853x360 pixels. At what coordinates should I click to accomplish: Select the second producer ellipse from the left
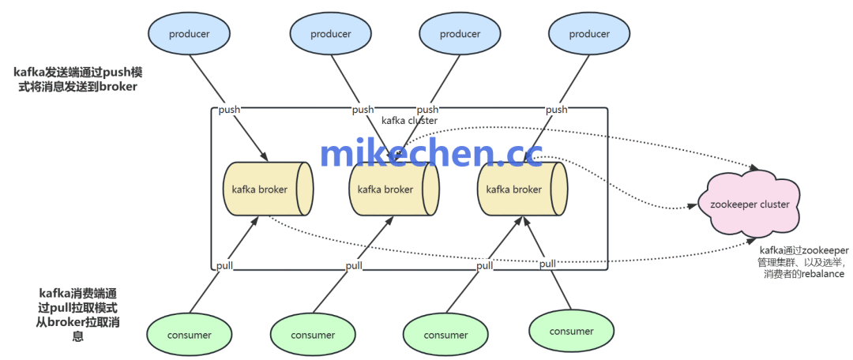pos(330,34)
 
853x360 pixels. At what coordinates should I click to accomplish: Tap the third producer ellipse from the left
pos(460,34)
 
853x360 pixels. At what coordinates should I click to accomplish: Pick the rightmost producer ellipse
pos(589,34)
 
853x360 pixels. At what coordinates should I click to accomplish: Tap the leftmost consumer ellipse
pos(189,335)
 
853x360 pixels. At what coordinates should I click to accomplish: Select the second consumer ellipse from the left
pos(313,335)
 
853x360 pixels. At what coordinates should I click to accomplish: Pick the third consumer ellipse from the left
pos(445,335)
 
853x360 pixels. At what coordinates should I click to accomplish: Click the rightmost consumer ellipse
pos(571,331)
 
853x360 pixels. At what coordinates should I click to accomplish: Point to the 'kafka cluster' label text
pos(409,121)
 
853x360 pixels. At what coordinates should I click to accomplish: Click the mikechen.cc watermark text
pos(431,152)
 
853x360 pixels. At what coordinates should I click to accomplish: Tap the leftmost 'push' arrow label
pos(229,110)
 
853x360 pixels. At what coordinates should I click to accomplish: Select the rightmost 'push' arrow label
pos(556,110)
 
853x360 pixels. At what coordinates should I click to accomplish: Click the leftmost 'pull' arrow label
pos(224,266)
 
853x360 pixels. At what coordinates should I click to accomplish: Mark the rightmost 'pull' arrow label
pos(547,264)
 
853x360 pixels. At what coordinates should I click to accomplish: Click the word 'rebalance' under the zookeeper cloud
pos(821,274)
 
